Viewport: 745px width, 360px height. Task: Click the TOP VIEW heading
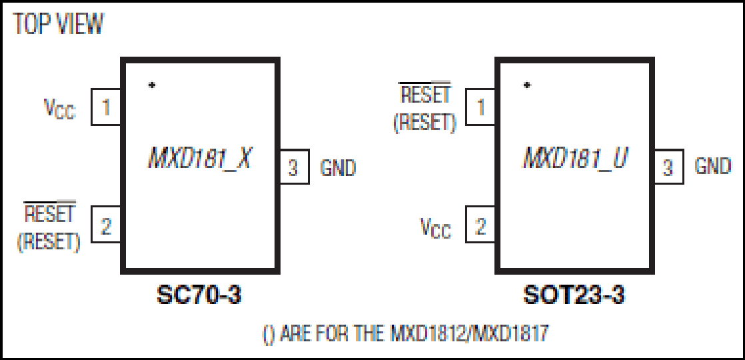pos(57,24)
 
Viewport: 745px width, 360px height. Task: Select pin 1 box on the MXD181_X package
pos(106,107)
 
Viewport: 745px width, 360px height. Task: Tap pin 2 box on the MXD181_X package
pos(106,225)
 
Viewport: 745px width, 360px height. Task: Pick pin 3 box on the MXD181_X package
pos(294,167)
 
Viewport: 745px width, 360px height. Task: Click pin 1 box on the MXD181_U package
pos(480,107)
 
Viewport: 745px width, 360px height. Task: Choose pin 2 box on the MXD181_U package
pos(480,225)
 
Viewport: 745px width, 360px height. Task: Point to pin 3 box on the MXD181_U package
pos(668,167)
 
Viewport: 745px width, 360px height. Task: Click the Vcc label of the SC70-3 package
pos(59,109)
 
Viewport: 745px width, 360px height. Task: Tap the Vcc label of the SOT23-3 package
pos(435,227)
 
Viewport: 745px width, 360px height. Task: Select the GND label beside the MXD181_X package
pos(339,168)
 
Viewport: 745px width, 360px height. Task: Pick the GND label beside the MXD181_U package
pos(713,166)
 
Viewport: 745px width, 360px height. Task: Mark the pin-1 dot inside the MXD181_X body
pos(151,85)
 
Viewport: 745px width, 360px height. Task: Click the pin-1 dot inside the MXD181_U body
pos(526,85)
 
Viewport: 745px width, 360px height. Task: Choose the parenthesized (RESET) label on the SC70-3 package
pos(49,242)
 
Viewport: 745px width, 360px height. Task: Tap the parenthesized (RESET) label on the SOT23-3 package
pos(424,123)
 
